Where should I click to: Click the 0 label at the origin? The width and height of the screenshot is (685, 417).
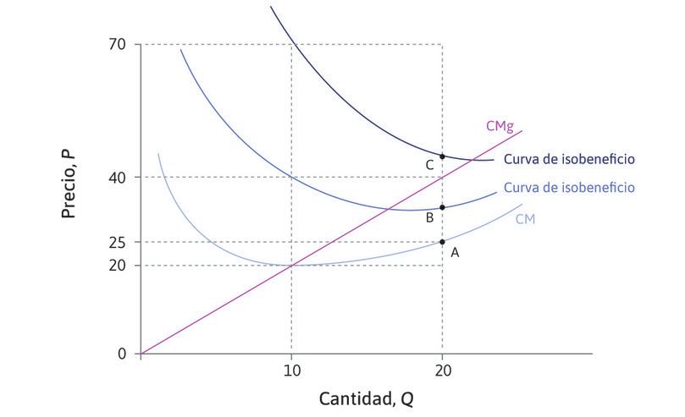(122, 354)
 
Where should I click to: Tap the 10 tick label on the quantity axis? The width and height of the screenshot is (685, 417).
(291, 370)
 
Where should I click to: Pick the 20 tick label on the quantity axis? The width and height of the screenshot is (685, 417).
(442, 370)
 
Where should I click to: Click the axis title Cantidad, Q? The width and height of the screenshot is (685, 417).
(366, 398)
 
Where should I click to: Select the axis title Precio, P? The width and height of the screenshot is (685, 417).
(69, 184)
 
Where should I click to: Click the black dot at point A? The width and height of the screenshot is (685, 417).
(442, 242)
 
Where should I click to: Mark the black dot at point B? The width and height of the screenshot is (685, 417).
(442, 207)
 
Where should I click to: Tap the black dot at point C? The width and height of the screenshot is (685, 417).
(442, 156)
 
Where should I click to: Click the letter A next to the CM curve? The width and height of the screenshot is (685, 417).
(455, 252)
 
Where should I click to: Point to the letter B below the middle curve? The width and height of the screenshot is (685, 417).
(429, 218)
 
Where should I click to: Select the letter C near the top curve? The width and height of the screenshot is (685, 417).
(429, 166)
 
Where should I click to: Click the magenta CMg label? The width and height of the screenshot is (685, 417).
(499, 126)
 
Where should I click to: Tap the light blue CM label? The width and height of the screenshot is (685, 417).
(525, 219)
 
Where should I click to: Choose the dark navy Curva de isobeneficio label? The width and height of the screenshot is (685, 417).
(568, 159)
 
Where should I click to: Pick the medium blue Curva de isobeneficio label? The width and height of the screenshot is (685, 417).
(568, 188)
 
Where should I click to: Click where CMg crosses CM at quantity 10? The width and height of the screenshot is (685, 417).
(291, 266)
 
